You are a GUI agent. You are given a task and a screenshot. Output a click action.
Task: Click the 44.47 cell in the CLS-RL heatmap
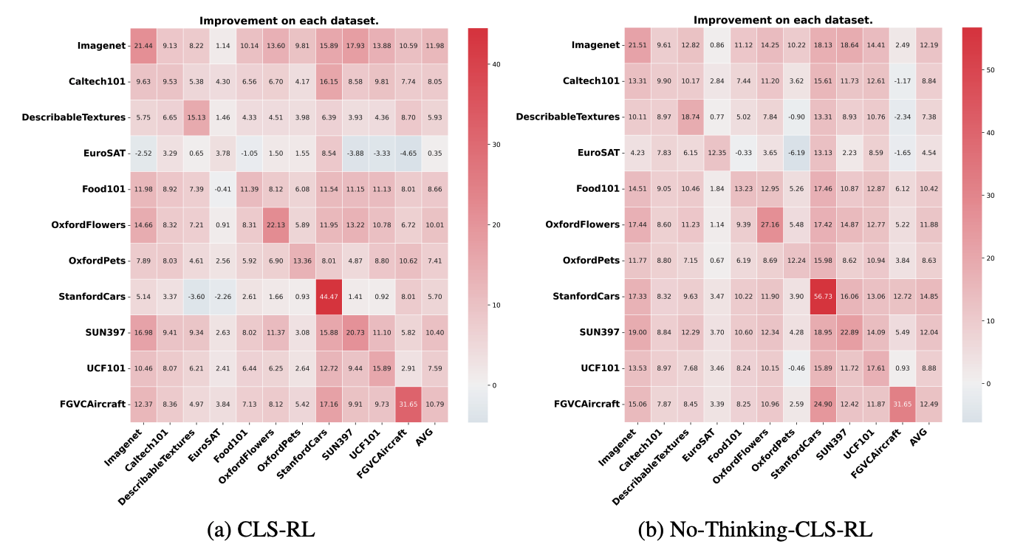328,297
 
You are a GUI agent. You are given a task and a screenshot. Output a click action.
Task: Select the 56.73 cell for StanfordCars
821,297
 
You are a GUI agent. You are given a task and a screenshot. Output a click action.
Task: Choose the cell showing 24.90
821,404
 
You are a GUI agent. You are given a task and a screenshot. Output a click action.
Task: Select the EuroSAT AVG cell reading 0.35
433,153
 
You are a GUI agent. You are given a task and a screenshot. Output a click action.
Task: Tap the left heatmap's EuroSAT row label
105,153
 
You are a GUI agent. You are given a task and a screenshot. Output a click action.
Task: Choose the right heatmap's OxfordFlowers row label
583,224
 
